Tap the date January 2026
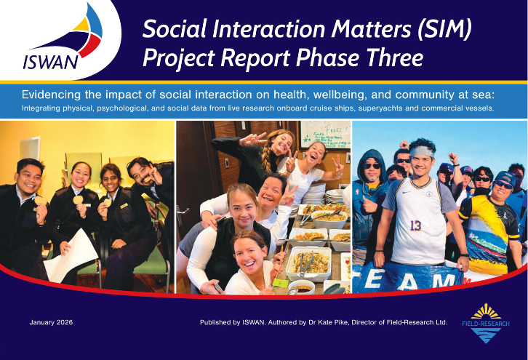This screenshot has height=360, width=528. coord(51,322)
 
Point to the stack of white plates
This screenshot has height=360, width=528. coord(336,194)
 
